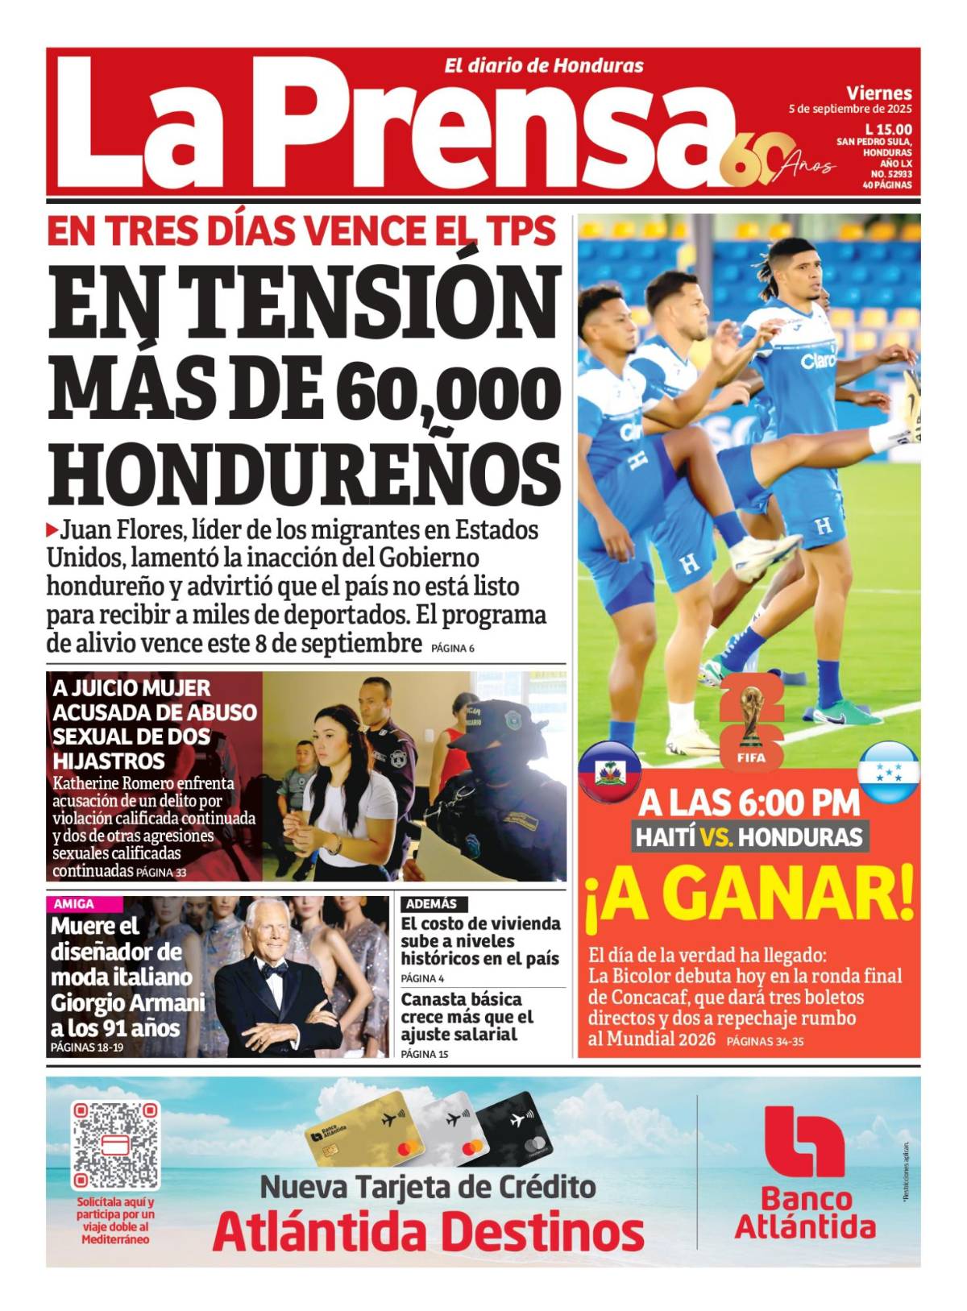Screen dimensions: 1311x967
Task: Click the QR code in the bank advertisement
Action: (114, 1147)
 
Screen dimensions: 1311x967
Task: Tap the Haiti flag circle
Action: (610, 773)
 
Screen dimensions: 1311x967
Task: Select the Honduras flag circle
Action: (889, 773)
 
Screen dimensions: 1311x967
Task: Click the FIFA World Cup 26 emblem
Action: (750, 722)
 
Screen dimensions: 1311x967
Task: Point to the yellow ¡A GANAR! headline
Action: (749, 893)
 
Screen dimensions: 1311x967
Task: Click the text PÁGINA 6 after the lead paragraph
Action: (452, 648)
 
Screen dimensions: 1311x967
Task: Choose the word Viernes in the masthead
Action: (879, 93)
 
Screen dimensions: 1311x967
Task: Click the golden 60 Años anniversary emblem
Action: (774, 160)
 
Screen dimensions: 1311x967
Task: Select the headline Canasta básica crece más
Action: (467, 1017)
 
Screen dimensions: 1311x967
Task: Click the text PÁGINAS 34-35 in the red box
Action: (765, 1042)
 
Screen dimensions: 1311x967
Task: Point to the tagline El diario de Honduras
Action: (544, 66)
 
